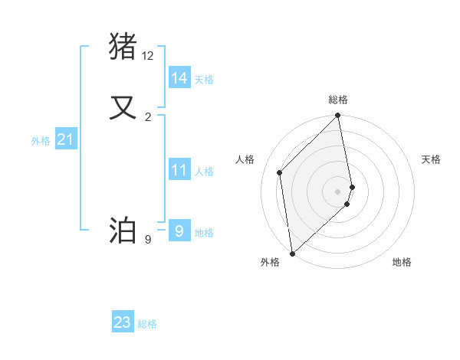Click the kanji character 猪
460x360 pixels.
point(123,46)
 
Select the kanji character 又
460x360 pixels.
point(123,107)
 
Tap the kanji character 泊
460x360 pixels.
point(123,230)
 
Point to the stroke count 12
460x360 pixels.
point(148,56)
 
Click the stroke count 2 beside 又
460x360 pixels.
point(148,116)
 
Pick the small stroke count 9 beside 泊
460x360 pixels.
point(148,240)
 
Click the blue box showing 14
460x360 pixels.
point(179,77)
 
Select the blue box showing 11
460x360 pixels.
point(179,170)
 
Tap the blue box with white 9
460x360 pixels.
point(179,230)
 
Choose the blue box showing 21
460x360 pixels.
point(65,139)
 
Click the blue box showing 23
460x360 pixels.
point(123,322)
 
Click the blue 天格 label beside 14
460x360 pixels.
point(204,80)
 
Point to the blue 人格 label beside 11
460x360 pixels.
point(204,172)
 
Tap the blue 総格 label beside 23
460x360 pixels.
point(147,325)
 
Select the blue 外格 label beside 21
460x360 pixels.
point(41,141)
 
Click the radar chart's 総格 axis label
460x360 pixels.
point(338,100)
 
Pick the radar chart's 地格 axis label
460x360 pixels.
point(402,262)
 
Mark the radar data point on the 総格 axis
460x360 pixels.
point(338,116)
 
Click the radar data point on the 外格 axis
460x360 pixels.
point(292,253)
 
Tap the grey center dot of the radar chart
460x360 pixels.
point(338,191)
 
